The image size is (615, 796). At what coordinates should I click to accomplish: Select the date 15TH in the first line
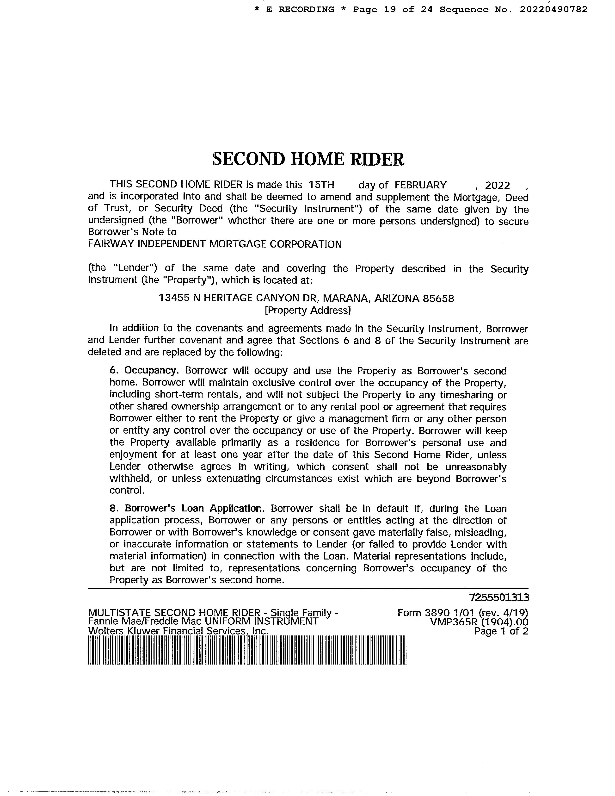[321, 185]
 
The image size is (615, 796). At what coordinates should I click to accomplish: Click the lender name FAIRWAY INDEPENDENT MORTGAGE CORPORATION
[215, 244]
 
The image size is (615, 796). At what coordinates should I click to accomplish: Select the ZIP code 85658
[438, 298]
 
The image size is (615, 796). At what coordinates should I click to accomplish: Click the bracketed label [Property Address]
[308, 311]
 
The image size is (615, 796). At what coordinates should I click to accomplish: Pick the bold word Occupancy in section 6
[150, 371]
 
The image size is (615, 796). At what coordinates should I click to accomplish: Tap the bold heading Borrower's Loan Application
[193, 508]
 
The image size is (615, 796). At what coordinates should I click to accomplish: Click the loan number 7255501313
[499, 598]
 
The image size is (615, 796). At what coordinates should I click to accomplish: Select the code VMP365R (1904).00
[479, 622]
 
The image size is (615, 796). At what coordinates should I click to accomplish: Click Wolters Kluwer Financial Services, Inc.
[178, 631]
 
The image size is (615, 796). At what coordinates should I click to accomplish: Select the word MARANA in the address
[346, 298]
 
